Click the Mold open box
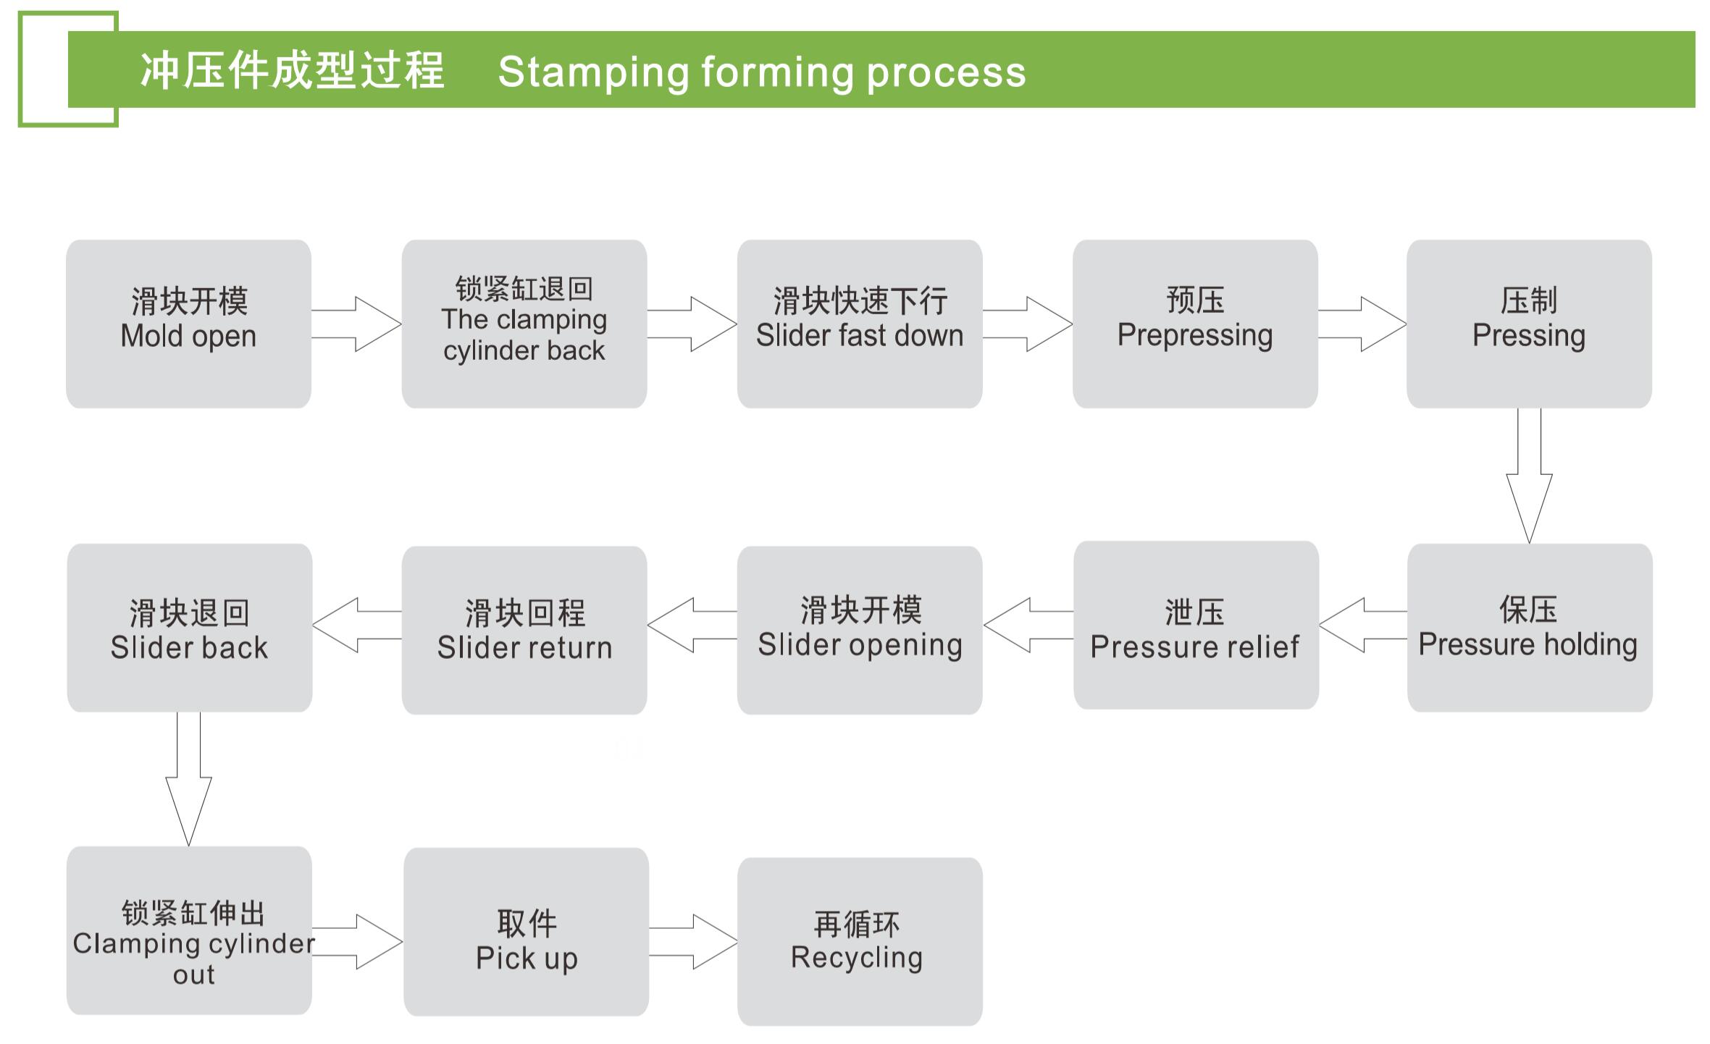pyautogui.click(x=188, y=324)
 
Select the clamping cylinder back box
pyautogui.click(x=524, y=324)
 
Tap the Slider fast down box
pyautogui.click(x=860, y=324)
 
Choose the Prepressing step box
pyautogui.click(x=1195, y=324)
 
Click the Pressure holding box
pyautogui.click(x=1530, y=628)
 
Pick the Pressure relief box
pyautogui.click(x=1196, y=625)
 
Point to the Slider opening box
pyautogui.click(x=860, y=630)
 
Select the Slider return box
pyautogui.click(x=524, y=630)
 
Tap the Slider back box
pyautogui.click(x=190, y=628)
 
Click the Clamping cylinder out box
pyautogui.click(x=189, y=930)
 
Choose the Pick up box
pyautogui.click(x=527, y=932)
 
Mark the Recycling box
pyautogui.click(x=860, y=942)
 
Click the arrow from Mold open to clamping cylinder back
pyautogui.click(x=356, y=324)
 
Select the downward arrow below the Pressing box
pyautogui.click(x=1529, y=476)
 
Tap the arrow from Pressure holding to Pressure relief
pyautogui.click(x=1363, y=625)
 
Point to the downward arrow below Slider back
pyautogui.click(x=188, y=779)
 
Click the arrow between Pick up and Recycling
pyautogui.click(x=693, y=941)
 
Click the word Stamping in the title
pyautogui.click(x=593, y=72)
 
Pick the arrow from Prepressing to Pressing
pyautogui.click(x=1362, y=324)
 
